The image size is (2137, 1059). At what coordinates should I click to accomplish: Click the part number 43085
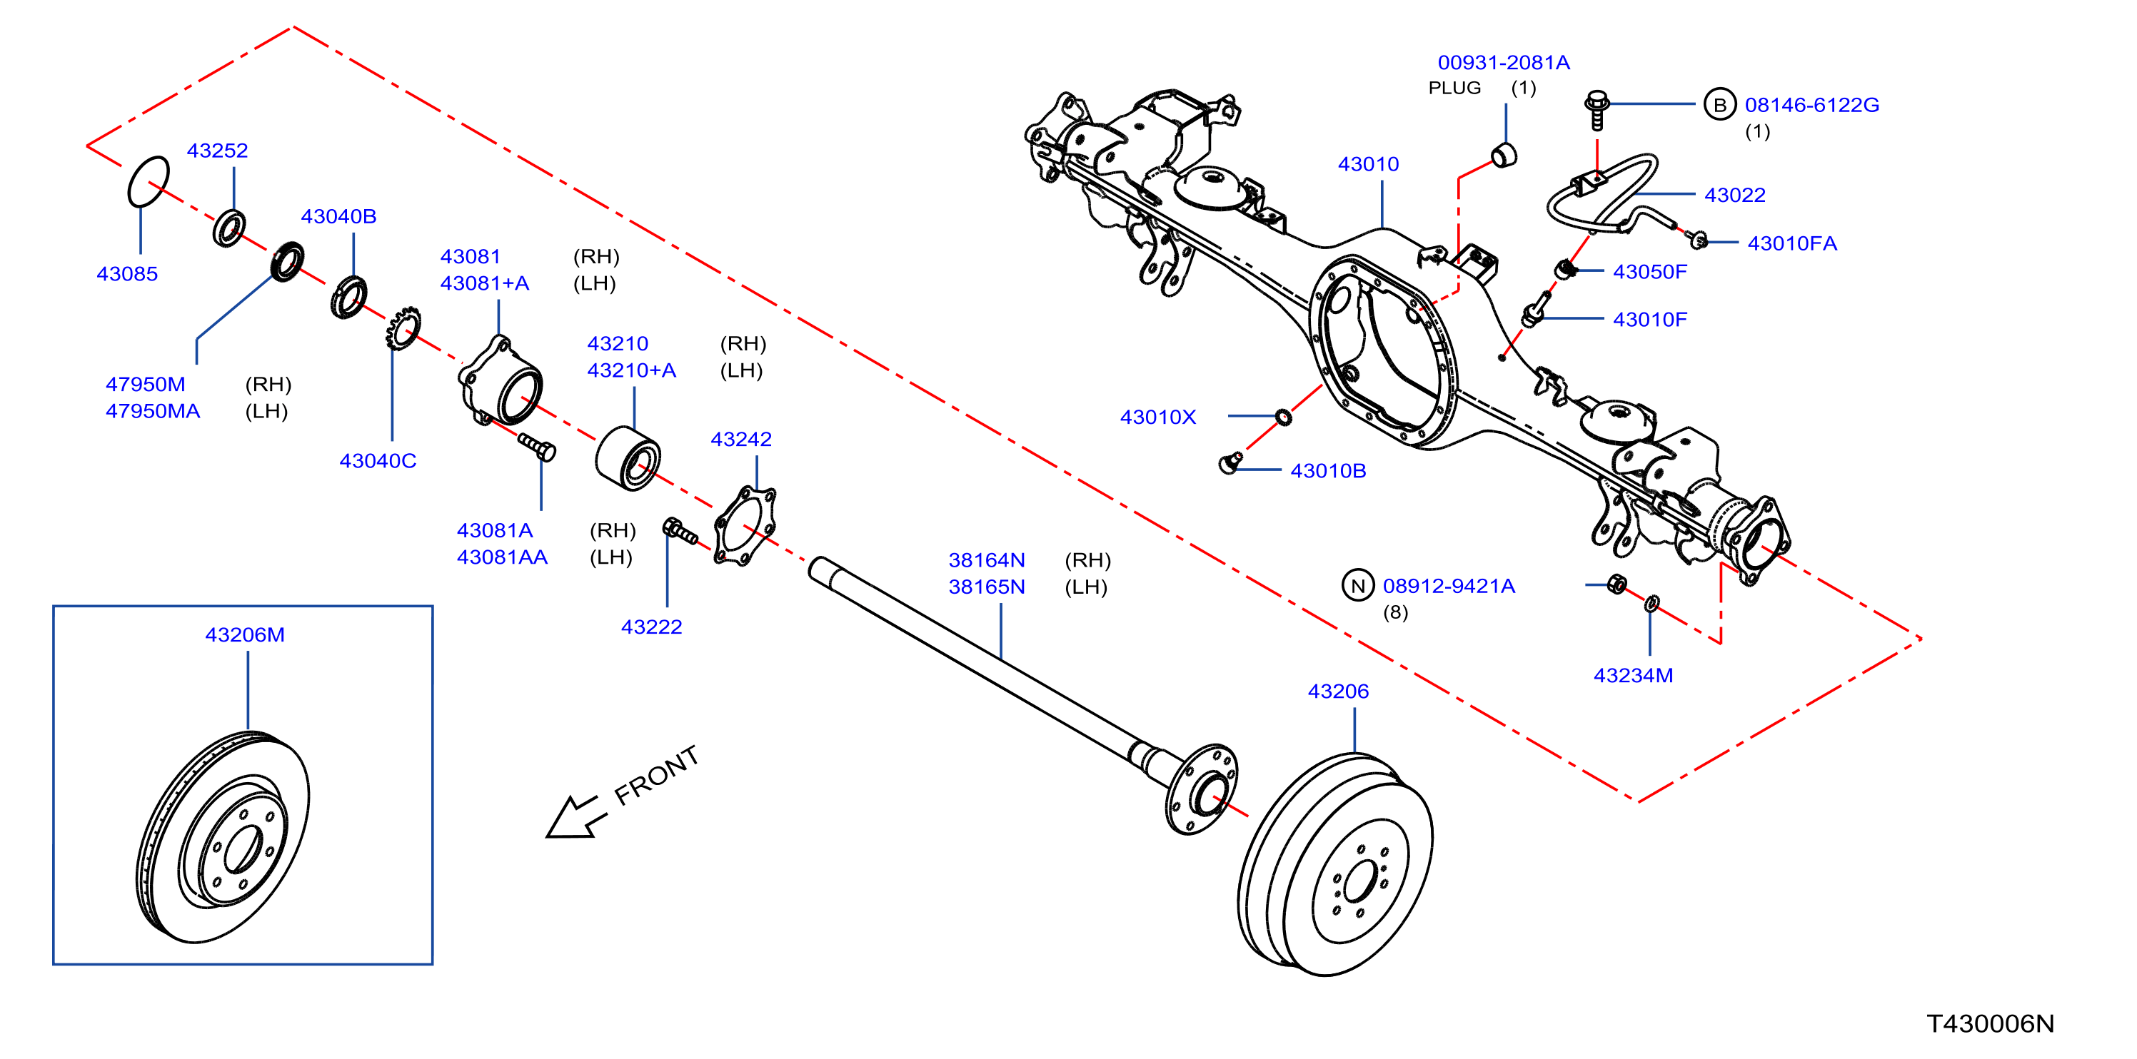127,273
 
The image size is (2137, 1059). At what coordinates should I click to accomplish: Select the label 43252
217,150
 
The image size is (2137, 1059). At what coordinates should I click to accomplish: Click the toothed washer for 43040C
403,328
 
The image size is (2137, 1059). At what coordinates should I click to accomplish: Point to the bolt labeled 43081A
537,446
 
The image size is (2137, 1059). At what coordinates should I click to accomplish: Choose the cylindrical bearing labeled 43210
628,459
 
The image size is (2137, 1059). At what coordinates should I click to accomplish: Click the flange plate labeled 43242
745,527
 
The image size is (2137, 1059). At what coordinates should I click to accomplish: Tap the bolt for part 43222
680,531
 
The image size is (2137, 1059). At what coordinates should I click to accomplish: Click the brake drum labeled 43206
1334,864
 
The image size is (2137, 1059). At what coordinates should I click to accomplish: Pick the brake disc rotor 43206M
222,837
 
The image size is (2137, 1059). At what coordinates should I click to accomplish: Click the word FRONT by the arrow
656,776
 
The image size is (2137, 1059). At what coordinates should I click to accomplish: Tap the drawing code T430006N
1990,1024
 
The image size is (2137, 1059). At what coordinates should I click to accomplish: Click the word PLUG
1454,88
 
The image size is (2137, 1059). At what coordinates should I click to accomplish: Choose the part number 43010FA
1792,243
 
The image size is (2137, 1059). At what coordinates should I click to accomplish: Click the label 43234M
1633,675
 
